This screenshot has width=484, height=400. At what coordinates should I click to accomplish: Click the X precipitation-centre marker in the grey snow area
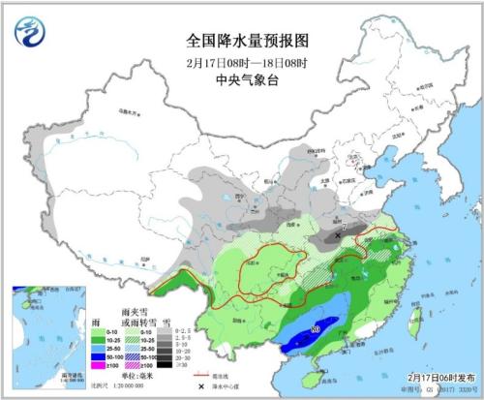pos(337,235)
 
